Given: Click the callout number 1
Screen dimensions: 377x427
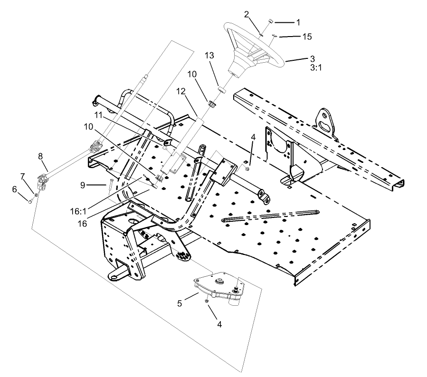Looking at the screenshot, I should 298,22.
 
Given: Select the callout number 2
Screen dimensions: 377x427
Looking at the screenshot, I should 247,14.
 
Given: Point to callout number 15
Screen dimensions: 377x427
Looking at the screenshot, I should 307,36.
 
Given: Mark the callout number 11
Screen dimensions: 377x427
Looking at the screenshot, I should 98,115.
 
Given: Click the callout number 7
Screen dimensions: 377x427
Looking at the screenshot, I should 22,177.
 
